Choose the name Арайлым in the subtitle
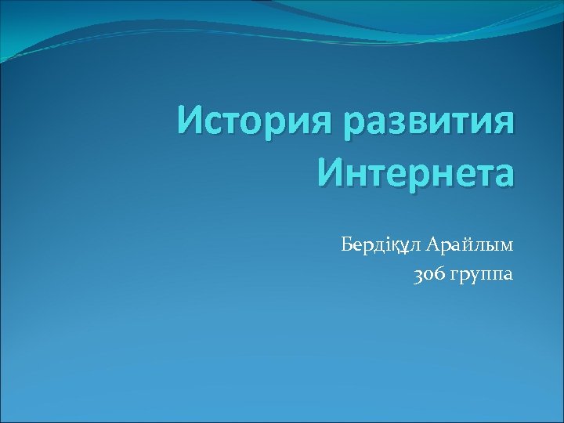(471, 245)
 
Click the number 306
(428, 275)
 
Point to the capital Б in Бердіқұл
(348, 245)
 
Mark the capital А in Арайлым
(436, 245)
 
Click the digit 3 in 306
(419, 275)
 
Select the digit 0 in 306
(428, 276)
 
